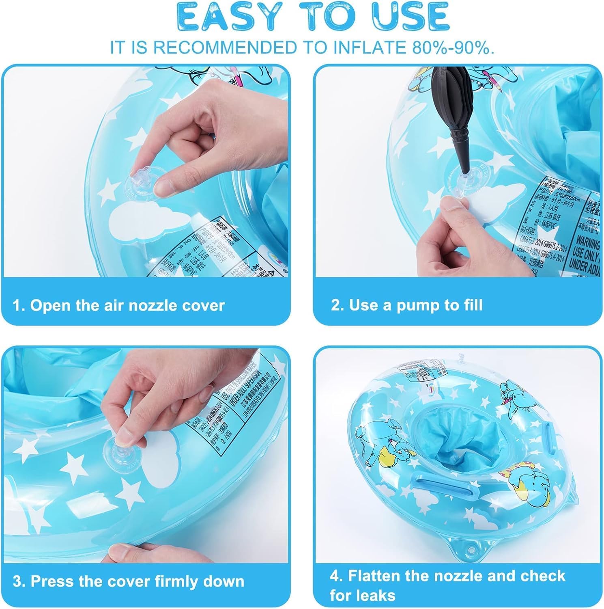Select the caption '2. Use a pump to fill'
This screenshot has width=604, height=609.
(407, 304)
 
